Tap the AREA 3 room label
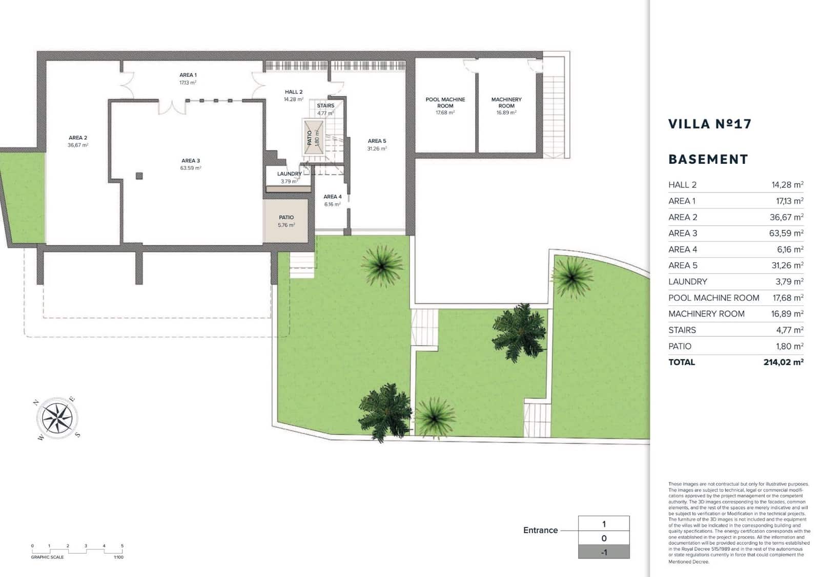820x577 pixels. pos(190,161)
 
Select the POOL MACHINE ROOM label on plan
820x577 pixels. pos(445,102)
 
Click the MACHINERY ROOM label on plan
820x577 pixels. pos(506,102)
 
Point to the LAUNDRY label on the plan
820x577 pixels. pos(289,174)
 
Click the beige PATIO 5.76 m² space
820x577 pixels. pos(286,221)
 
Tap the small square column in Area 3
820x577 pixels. pos(139,176)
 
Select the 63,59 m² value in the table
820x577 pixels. pos(786,233)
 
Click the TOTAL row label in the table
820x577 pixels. pos(682,362)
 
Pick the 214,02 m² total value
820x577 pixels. pos(783,362)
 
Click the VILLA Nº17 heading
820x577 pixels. pos(709,124)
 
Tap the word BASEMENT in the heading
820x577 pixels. pos(708,159)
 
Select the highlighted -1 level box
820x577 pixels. pos(603,552)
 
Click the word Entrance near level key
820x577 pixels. pos(540,530)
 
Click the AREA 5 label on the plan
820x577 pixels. pos(377,141)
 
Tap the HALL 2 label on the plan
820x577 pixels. pos(294,92)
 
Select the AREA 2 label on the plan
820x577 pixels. pos(78,138)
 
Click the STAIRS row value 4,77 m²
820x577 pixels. pos(789,330)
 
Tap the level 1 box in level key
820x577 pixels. pos(603,524)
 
